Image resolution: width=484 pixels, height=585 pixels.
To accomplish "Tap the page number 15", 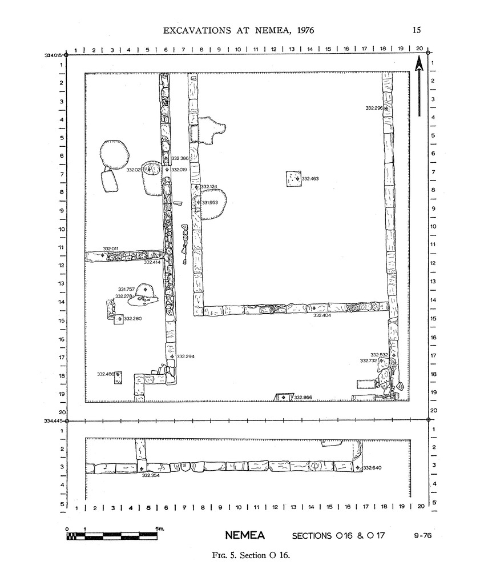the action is [x=417, y=30].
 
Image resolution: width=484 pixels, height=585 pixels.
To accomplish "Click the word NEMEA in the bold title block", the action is [x=245, y=535].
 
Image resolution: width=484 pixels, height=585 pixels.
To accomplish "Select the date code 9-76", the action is [x=422, y=535].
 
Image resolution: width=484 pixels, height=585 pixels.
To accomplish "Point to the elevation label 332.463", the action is [x=310, y=179].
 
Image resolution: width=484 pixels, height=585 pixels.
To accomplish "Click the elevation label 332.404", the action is [x=322, y=315].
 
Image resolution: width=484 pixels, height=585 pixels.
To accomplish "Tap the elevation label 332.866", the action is [x=303, y=398].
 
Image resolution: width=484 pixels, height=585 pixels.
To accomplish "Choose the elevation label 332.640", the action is [x=372, y=468].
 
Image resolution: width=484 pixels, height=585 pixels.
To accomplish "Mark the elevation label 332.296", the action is [x=374, y=108].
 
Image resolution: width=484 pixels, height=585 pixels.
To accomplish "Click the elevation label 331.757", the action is [x=126, y=289].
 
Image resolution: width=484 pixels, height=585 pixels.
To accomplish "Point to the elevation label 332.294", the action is [x=185, y=356].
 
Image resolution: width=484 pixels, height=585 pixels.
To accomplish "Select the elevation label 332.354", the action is [x=151, y=476].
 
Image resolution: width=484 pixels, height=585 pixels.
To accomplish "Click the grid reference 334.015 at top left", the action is [x=53, y=55].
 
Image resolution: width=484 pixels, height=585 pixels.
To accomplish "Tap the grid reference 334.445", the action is [x=53, y=421].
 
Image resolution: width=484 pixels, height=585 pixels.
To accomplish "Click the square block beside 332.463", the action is [x=293, y=179].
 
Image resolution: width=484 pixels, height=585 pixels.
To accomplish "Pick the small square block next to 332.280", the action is [x=119, y=319].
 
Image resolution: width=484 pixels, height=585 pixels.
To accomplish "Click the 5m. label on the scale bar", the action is [x=160, y=528].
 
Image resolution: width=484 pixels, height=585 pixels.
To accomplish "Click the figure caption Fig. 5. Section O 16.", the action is [x=251, y=555].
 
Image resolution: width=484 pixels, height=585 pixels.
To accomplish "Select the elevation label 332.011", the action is [x=110, y=249].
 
